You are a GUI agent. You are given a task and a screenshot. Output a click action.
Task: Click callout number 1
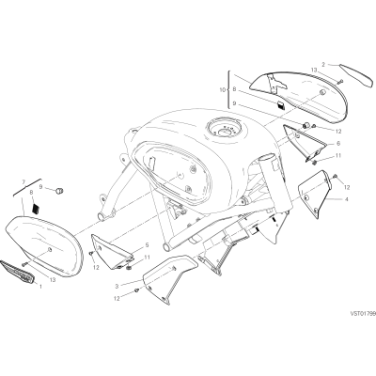click(40, 286)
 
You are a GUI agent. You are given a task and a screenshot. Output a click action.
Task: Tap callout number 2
click(323, 65)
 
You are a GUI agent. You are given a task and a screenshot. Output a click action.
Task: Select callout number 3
click(117, 286)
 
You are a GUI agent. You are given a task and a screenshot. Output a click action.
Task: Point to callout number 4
click(346, 199)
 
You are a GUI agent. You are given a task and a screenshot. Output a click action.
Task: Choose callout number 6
click(338, 144)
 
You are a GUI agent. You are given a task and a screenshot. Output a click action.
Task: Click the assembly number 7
click(23, 181)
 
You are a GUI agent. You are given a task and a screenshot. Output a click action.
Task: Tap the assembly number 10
click(223, 90)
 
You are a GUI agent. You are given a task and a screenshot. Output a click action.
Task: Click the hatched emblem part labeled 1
click(17, 271)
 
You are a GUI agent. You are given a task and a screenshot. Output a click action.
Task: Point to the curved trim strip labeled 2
click(357, 75)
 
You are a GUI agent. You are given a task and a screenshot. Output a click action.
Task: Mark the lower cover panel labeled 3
click(170, 277)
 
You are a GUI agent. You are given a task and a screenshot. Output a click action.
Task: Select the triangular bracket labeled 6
click(304, 143)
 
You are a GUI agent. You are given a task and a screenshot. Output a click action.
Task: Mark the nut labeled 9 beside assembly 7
click(58, 190)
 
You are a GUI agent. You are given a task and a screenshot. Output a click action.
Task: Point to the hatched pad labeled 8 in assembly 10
click(281, 105)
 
